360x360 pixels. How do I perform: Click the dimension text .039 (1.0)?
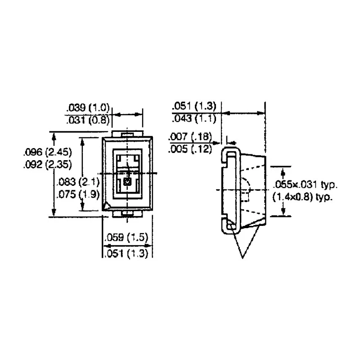coord(88,108)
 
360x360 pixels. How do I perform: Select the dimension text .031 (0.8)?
coord(88,120)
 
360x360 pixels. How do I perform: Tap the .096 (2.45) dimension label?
coord(48,152)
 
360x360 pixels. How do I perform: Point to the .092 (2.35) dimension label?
coord(48,165)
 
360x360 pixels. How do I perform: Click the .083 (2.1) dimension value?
coord(78,182)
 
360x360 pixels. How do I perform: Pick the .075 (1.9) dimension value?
coord(78,194)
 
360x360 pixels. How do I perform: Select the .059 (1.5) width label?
coord(126,237)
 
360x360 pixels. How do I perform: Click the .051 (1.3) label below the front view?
coord(126,253)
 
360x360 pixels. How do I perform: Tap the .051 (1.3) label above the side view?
coord(194,106)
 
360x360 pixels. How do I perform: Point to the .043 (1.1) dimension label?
coord(194,119)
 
